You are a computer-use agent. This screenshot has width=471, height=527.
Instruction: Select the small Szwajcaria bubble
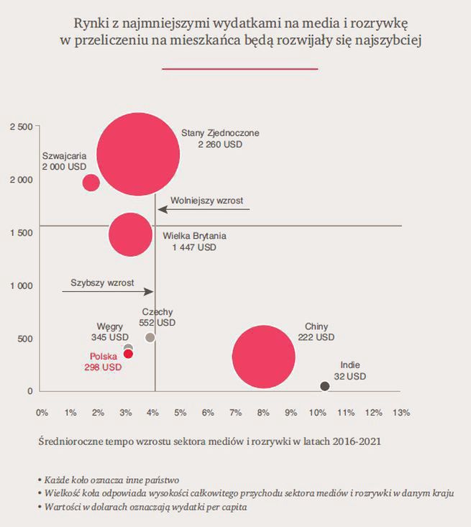coord(91,182)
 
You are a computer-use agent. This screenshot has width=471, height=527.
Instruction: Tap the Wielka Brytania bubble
coord(130,234)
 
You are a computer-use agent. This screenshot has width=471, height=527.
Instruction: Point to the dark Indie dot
coord(325,386)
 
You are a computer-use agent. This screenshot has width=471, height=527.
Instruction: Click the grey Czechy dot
coord(150,337)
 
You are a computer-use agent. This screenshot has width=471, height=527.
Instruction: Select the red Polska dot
coord(128,353)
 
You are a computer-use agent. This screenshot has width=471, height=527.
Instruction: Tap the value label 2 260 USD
coord(220,145)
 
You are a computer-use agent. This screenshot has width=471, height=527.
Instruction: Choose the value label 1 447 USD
coord(193,247)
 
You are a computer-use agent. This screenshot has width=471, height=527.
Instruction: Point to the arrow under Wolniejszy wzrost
coord(204,209)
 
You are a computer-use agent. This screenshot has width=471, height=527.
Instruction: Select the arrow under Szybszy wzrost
coord(108,291)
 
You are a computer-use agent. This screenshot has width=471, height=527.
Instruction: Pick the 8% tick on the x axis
coord(262,413)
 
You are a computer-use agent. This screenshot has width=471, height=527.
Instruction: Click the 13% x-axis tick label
coord(401,413)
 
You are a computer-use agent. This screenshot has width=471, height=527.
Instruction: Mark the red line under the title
coord(240,69)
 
